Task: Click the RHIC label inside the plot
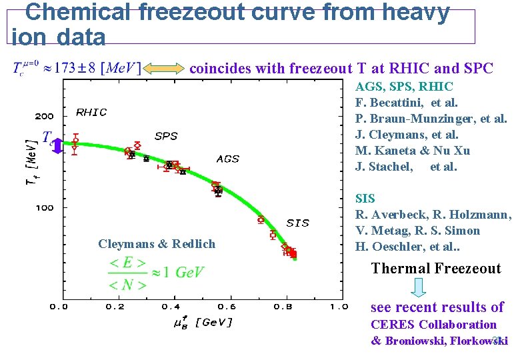coord(91,112)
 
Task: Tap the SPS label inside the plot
coord(166,136)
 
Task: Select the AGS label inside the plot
coord(227,159)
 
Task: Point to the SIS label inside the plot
coord(297,223)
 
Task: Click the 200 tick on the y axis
coord(45,116)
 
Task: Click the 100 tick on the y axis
coord(45,208)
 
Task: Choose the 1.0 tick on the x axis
coord(339,307)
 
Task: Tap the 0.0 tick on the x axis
coord(59,307)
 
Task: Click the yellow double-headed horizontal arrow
coord(165,68)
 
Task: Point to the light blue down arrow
coord(418,287)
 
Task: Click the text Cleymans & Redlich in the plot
coord(157,244)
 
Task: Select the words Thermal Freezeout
coord(436,269)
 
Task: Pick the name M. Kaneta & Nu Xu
coord(412,151)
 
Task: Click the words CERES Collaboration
coord(433,325)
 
